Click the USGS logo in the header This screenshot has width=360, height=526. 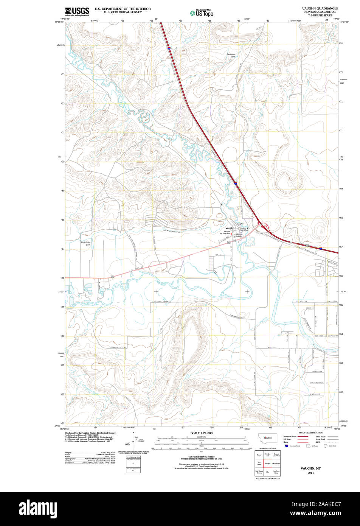point(77,11)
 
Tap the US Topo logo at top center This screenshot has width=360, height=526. point(202,12)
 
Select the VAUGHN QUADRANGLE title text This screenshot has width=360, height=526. point(320,8)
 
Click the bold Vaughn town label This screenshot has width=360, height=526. point(230,228)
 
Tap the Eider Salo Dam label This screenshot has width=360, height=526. point(86,243)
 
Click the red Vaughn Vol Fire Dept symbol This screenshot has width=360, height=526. point(231,234)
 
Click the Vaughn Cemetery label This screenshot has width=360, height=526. point(239,235)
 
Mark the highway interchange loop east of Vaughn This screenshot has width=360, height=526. point(263,227)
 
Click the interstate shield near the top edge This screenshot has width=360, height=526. point(169,48)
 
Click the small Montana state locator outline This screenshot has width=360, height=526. point(267,437)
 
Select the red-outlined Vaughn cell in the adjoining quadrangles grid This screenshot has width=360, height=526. point(267,463)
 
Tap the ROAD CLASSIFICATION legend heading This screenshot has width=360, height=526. point(310,433)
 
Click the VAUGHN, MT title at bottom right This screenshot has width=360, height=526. point(310,468)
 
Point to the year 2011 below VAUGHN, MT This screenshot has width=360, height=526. point(310,473)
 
